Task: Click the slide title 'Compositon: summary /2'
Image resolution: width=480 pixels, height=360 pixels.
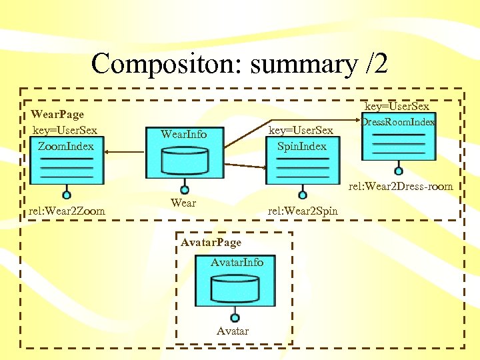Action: pyautogui.click(x=239, y=64)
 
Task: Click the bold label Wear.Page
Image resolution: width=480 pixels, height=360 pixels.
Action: pyautogui.click(x=57, y=115)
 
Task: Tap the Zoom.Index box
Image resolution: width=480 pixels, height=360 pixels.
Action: pyautogui.click(x=66, y=160)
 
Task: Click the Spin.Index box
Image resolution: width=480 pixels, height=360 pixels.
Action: pyautogui.click(x=302, y=160)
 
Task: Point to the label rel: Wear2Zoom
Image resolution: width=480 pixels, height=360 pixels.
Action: pyautogui.click(x=67, y=211)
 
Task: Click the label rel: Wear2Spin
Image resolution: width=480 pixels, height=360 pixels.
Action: pyautogui.click(x=303, y=211)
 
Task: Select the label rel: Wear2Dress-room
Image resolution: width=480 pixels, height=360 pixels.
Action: pyautogui.click(x=401, y=187)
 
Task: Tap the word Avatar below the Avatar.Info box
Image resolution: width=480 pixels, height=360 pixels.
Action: pyautogui.click(x=233, y=331)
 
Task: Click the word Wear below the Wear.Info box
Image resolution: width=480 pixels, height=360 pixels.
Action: pyautogui.click(x=183, y=203)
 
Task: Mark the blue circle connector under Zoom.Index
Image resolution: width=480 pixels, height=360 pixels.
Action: pyautogui.click(x=66, y=195)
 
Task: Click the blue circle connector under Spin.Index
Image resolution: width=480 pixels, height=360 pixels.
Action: pyautogui.click(x=303, y=195)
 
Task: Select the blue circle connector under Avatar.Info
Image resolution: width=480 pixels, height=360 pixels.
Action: pyautogui.click(x=234, y=317)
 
